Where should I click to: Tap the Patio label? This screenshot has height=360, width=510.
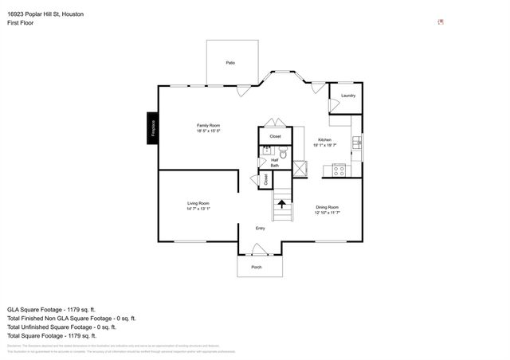230,62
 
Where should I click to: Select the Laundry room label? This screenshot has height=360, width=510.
347,96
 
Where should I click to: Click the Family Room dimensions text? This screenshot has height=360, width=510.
209,131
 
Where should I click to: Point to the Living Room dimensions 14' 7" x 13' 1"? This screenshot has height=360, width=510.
198,209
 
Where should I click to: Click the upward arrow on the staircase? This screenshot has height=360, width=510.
282,204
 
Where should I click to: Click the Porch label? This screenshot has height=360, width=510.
257,267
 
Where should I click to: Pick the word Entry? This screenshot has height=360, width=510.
260,229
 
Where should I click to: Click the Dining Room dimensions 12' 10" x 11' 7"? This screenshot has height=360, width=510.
328,213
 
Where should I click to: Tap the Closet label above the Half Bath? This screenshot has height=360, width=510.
275,136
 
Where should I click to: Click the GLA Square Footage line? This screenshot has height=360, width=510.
51,308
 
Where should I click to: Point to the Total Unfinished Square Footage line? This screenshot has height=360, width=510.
61,327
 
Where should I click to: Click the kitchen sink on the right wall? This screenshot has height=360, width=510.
359,143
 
